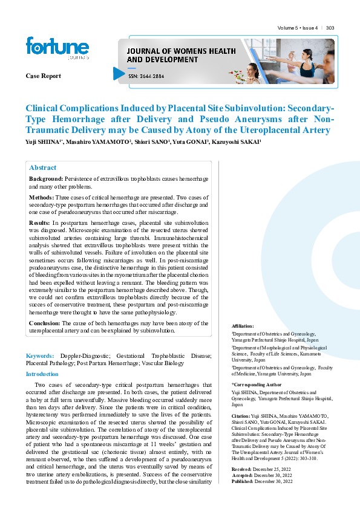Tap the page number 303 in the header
330,28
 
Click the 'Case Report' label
43,76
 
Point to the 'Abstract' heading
43,167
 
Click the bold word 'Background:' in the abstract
46,180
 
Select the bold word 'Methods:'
41,198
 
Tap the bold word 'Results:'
40,222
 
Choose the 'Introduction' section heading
42,374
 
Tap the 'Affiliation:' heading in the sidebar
243,326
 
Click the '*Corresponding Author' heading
257,384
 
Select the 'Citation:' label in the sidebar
241,417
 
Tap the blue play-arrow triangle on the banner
119,74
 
